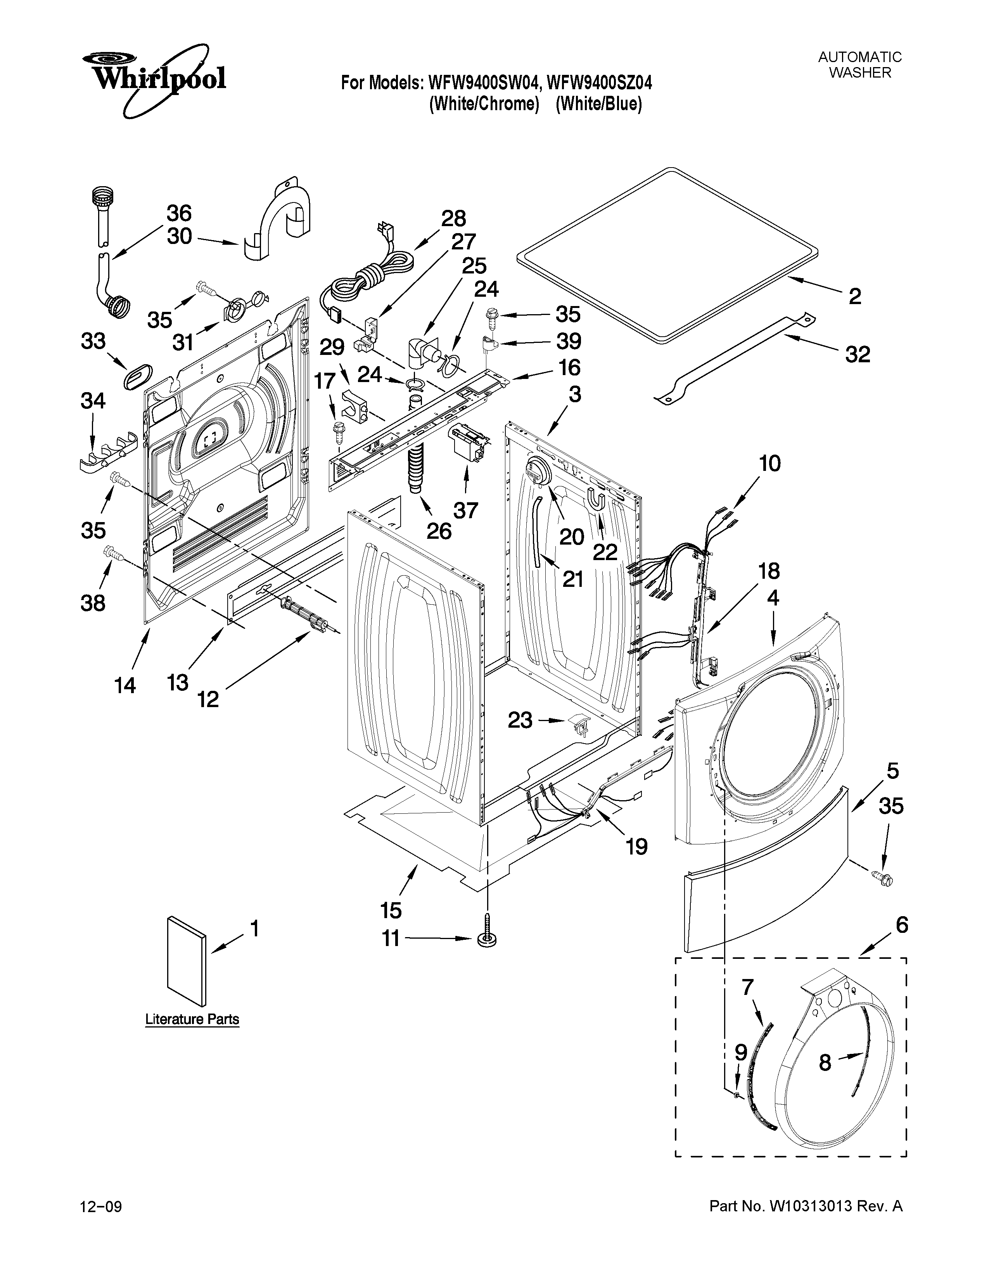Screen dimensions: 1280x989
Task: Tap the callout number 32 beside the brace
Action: pyautogui.click(x=857, y=354)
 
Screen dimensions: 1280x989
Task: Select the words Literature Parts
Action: pyautogui.click(x=192, y=1019)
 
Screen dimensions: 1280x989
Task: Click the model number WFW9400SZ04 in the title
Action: pyautogui.click(x=599, y=83)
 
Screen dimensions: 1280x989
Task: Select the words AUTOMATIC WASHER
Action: pyautogui.click(x=859, y=64)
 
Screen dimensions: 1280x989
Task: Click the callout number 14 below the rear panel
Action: pyautogui.click(x=125, y=685)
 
